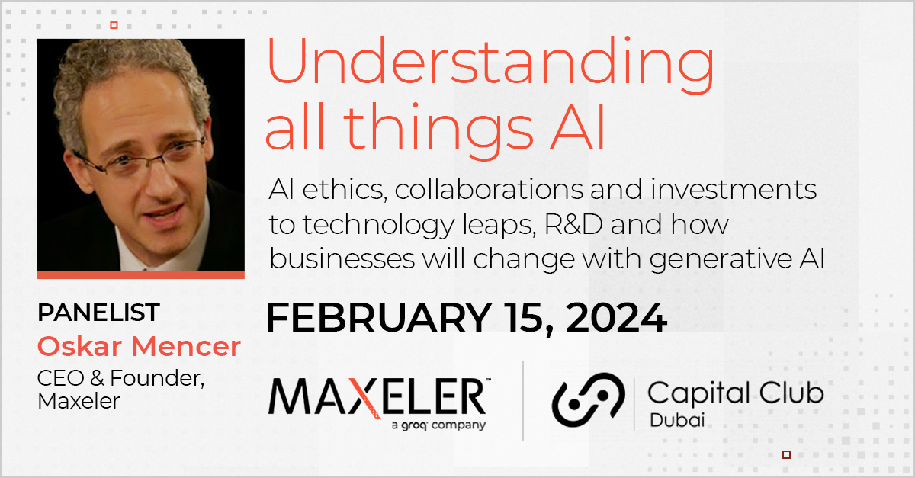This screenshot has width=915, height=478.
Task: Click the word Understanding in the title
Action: point(490,66)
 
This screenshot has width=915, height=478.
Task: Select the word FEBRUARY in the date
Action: point(379,317)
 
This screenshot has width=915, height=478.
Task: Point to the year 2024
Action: point(616,317)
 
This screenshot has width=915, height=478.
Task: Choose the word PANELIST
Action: point(98,313)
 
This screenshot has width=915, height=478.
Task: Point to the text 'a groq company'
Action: point(438,425)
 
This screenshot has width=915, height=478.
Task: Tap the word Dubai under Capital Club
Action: point(677,420)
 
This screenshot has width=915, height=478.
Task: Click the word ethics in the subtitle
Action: point(345,190)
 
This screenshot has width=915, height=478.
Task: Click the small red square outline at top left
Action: point(114,25)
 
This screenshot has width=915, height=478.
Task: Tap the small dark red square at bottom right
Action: point(786,454)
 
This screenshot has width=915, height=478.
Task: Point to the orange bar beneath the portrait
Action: point(140,275)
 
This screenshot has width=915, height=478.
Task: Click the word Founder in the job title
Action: point(157,378)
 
